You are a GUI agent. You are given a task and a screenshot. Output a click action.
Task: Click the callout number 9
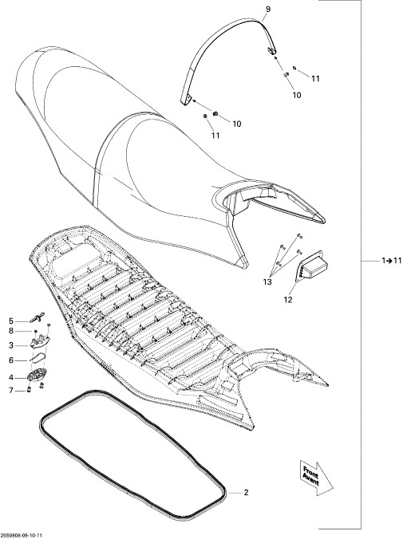tap(268, 10)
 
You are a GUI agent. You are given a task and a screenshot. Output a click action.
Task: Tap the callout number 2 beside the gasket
tap(246, 493)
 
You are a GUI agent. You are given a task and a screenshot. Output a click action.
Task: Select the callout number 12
tap(288, 300)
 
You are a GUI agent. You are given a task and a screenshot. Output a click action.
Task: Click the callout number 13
tap(267, 282)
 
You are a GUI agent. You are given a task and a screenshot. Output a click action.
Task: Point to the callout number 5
tap(11, 321)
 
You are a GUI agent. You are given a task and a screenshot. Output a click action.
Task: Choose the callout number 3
tap(11, 345)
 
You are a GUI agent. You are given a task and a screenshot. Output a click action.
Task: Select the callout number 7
tap(11, 391)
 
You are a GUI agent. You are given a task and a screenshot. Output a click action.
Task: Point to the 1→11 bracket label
tap(392, 261)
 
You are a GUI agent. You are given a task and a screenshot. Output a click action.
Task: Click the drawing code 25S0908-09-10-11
tap(22, 536)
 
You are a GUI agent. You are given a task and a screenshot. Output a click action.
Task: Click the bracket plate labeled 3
tap(40, 342)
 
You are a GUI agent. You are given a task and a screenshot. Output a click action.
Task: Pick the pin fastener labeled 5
tap(38, 317)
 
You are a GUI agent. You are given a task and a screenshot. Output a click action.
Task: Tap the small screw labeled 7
tap(29, 390)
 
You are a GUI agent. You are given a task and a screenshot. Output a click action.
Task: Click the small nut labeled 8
tap(35, 331)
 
